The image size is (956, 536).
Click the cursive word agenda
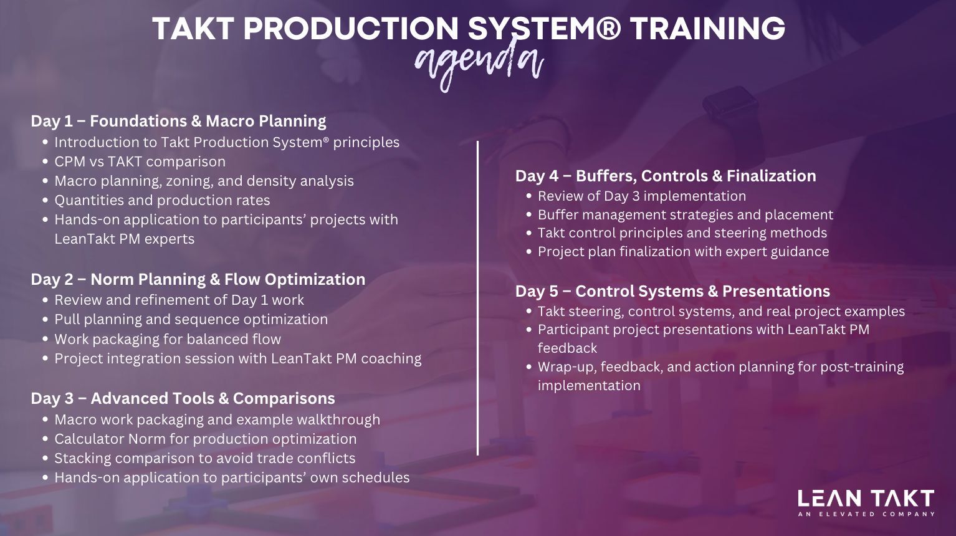pyautogui.click(x=479, y=64)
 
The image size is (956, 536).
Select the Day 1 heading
pyautogui.click(x=178, y=121)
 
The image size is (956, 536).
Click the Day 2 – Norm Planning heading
pyautogui.click(x=198, y=279)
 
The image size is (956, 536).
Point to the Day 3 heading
pyautogui.click(x=183, y=399)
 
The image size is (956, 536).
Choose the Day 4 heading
pyautogui.click(x=666, y=176)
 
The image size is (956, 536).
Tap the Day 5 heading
pyautogui.click(x=672, y=291)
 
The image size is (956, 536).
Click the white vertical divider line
pyautogui.click(x=477, y=298)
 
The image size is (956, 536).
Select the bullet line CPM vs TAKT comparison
pyautogui.click(x=140, y=162)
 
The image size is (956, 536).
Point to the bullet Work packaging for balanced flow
pyautogui.click(x=168, y=339)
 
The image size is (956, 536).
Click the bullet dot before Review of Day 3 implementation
pyautogui.click(x=529, y=196)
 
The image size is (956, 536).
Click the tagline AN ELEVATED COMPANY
pyautogui.click(x=866, y=514)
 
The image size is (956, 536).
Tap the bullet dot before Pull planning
pyautogui.click(x=45, y=320)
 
